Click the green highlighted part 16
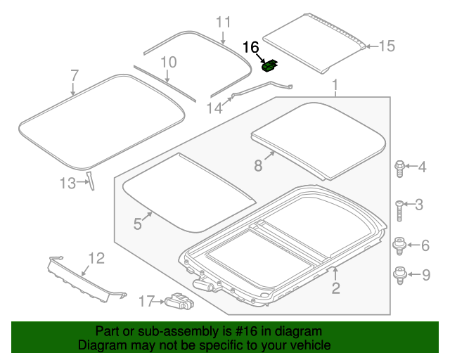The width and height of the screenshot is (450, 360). (x=269, y=66)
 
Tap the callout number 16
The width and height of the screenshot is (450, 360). (x=251, y=48)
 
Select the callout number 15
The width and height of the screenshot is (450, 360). (x=387, y=46)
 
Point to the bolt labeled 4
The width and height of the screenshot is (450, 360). (x=399, y=167)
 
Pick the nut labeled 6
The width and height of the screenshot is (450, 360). (x=399, y=245)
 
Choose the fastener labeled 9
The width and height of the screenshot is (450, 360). (x=399, y=274)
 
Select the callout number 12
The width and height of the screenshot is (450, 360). (x=96, y=258)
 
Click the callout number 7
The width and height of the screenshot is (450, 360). (x=75, y=75)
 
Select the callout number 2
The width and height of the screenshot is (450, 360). (x=335, y=287)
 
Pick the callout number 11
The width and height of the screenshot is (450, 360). (x=223, y=22)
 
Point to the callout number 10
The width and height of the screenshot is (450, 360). (x=167, y=63)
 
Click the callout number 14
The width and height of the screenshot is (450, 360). (x=214, y=108)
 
